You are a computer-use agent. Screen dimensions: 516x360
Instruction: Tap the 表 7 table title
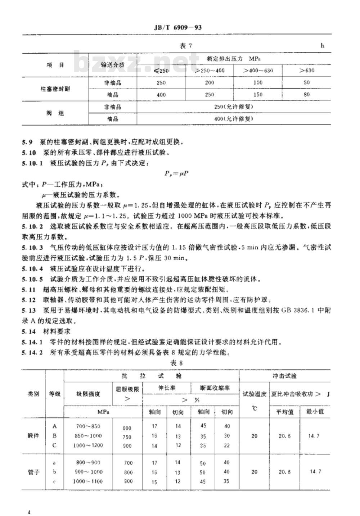(186, 46)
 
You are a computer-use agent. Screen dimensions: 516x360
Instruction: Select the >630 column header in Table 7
(306, 71)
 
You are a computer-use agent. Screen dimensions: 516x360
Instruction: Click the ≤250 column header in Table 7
(161, 71)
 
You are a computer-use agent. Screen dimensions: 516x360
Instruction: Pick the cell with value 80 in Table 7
(306, 95)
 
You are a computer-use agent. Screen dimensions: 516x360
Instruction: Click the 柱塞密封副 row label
(55, 89)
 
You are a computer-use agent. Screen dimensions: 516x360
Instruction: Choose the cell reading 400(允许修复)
(233, 119)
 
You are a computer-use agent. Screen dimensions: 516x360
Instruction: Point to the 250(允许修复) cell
(233, 107)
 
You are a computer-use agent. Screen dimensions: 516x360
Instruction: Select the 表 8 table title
(176, 363)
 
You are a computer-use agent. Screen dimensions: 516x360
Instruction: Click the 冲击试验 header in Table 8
(284, 376)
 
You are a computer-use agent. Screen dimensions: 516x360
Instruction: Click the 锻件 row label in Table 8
(33, 436)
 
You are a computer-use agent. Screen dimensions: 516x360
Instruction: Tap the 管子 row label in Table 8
(33, 472)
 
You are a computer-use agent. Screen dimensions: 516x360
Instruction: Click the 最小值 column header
(315, 411)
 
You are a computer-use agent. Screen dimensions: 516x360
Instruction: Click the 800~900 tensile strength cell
(88, 462)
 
